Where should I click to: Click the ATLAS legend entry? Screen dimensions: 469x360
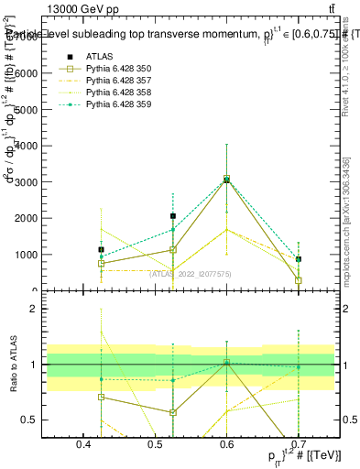point(99,56)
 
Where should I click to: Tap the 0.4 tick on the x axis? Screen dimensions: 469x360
point(83,443)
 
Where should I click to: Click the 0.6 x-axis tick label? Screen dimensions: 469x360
point(226,443)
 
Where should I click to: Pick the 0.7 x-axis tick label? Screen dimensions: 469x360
point(298,443)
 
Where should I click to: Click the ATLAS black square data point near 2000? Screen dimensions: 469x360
point(173,216)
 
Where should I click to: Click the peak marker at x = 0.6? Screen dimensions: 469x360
point(226,180)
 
